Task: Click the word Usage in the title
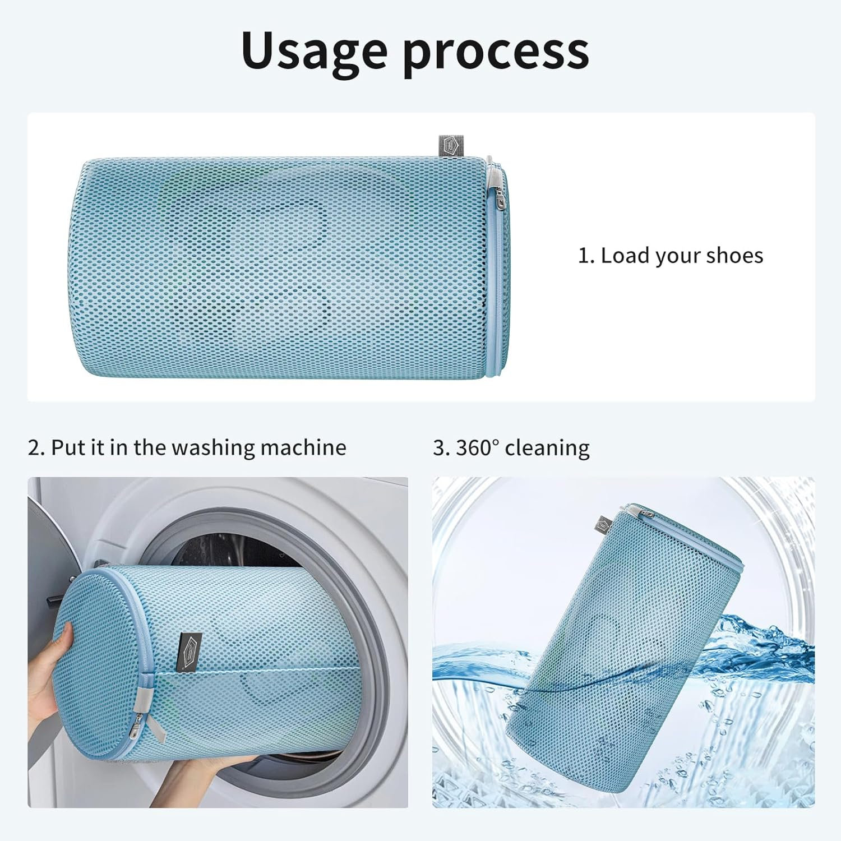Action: pyautogui.click(x=314, y=52)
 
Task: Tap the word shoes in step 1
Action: pyautogui.click(x=734, y=256)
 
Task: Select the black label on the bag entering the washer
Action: pyautogui.click(x=189, y=651)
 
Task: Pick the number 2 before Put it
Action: pyautogui.click(x=35, y=447)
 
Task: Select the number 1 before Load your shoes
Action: pyautogui.click(x=585, y=256)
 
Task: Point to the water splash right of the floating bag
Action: pyautogui.click(x=768, y=639)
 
